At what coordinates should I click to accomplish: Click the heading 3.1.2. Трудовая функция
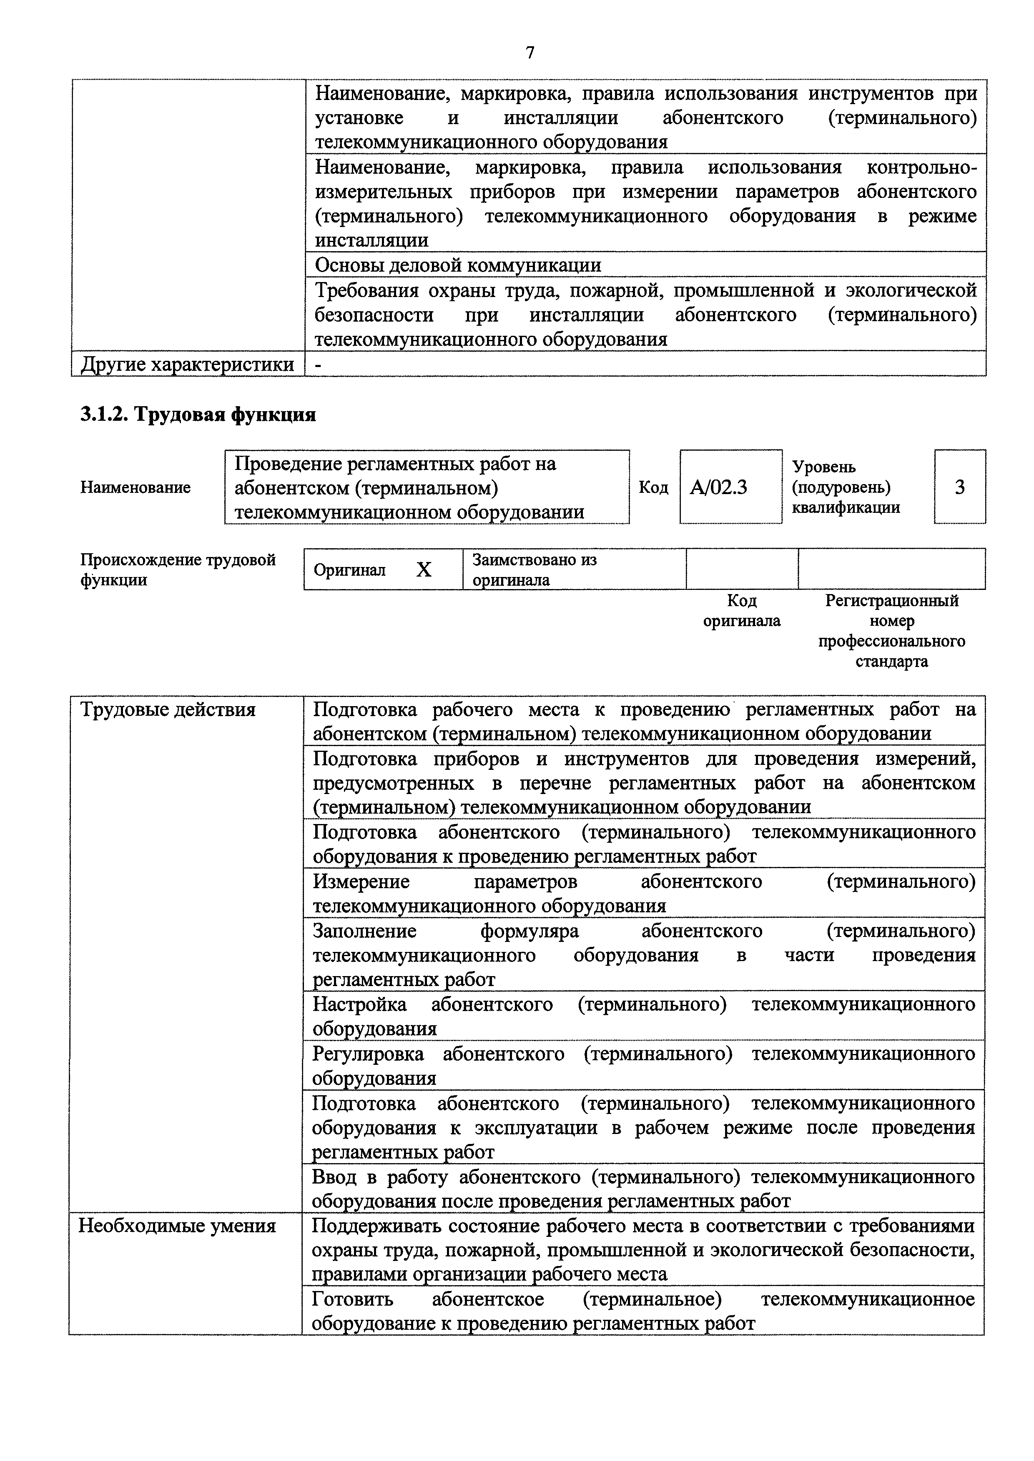(198, 415)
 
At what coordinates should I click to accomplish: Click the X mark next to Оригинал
(424, 569)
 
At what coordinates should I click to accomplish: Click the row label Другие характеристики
(187, 365)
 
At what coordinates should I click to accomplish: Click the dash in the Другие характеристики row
(319, 365)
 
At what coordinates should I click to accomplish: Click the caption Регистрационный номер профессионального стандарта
(891, 631)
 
